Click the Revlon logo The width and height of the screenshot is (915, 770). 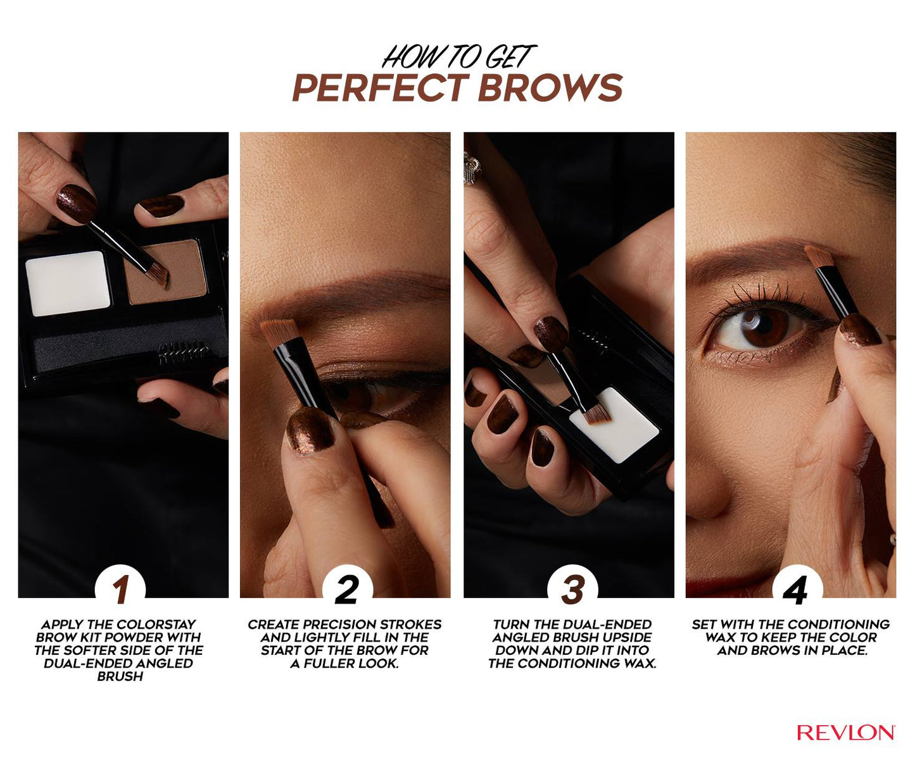click(x=845, y=732)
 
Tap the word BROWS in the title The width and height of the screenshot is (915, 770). click(x=550, y=87)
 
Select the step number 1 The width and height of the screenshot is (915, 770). click(x=121, y=589)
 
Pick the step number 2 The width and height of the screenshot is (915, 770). click(x=346, y=589)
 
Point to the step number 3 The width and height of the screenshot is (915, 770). click(x=572, y=589)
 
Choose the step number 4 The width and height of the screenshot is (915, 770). click(x=795, y=590)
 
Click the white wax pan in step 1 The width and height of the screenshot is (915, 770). click(x=68, y=283)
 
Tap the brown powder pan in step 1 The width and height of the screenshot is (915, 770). click(x=166, y=271)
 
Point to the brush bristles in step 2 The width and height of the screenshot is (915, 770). click(x=279, y=333)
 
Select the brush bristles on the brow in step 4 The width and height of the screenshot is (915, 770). click(x=819, y=257)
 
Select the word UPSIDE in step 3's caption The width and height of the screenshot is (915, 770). click(x=629, y=638)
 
